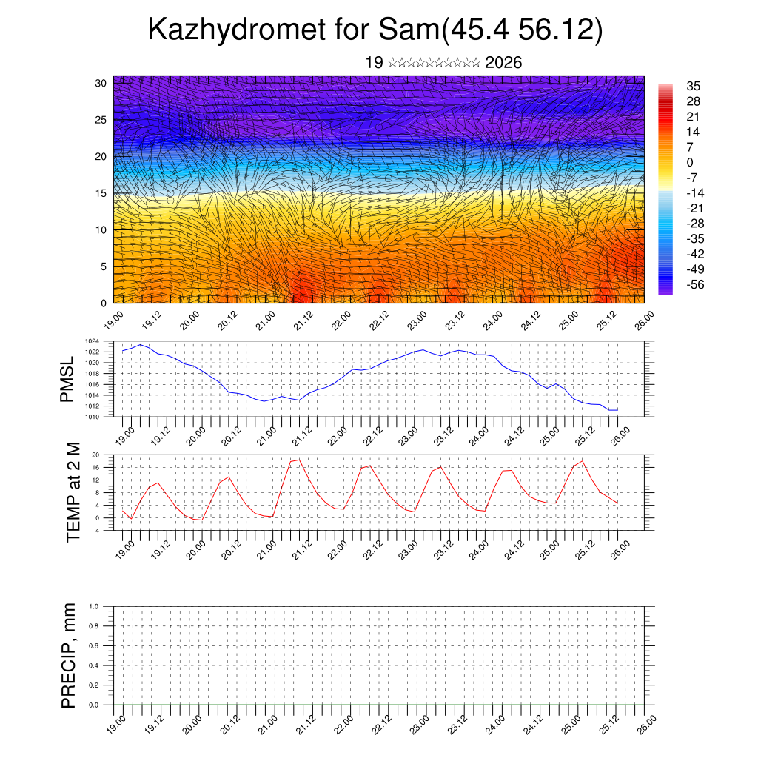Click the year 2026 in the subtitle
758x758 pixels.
click(503, 63)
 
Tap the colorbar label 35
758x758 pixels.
click(694, 87)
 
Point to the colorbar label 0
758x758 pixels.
click(690, 163)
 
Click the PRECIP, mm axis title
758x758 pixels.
click(69, 656)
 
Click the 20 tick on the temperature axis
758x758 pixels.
click(106, 455)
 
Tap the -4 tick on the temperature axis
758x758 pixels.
click(106, 530)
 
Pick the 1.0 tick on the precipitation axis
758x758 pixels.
click(104, 606)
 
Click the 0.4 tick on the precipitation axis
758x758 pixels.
click(104, 666)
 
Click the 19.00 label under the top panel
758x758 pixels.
click(113, 322)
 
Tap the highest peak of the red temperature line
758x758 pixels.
click(300, 460)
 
